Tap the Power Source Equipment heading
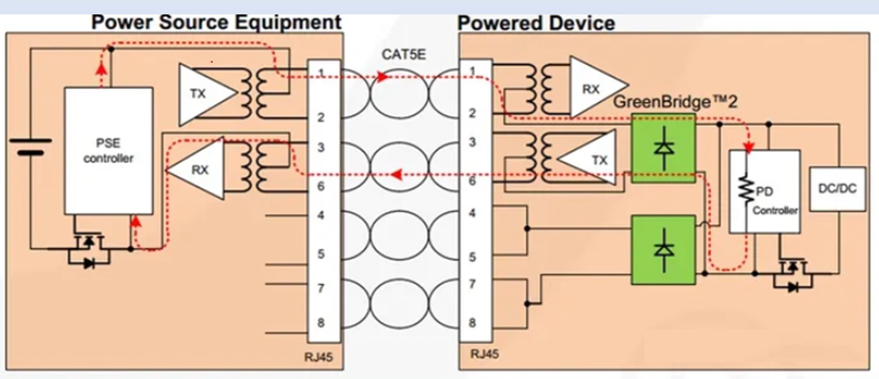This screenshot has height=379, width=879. pos(216,21)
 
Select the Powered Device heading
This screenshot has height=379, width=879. pos(537,22)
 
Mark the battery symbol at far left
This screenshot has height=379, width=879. pos(32,144)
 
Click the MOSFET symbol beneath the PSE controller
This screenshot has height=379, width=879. pos(89,251)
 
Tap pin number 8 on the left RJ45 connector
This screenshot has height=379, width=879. pos(322,323)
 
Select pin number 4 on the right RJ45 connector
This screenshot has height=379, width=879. pos(473,213)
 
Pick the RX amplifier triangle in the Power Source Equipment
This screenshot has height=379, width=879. pos(199,169)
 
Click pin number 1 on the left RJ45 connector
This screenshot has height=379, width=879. pos(322,71)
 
